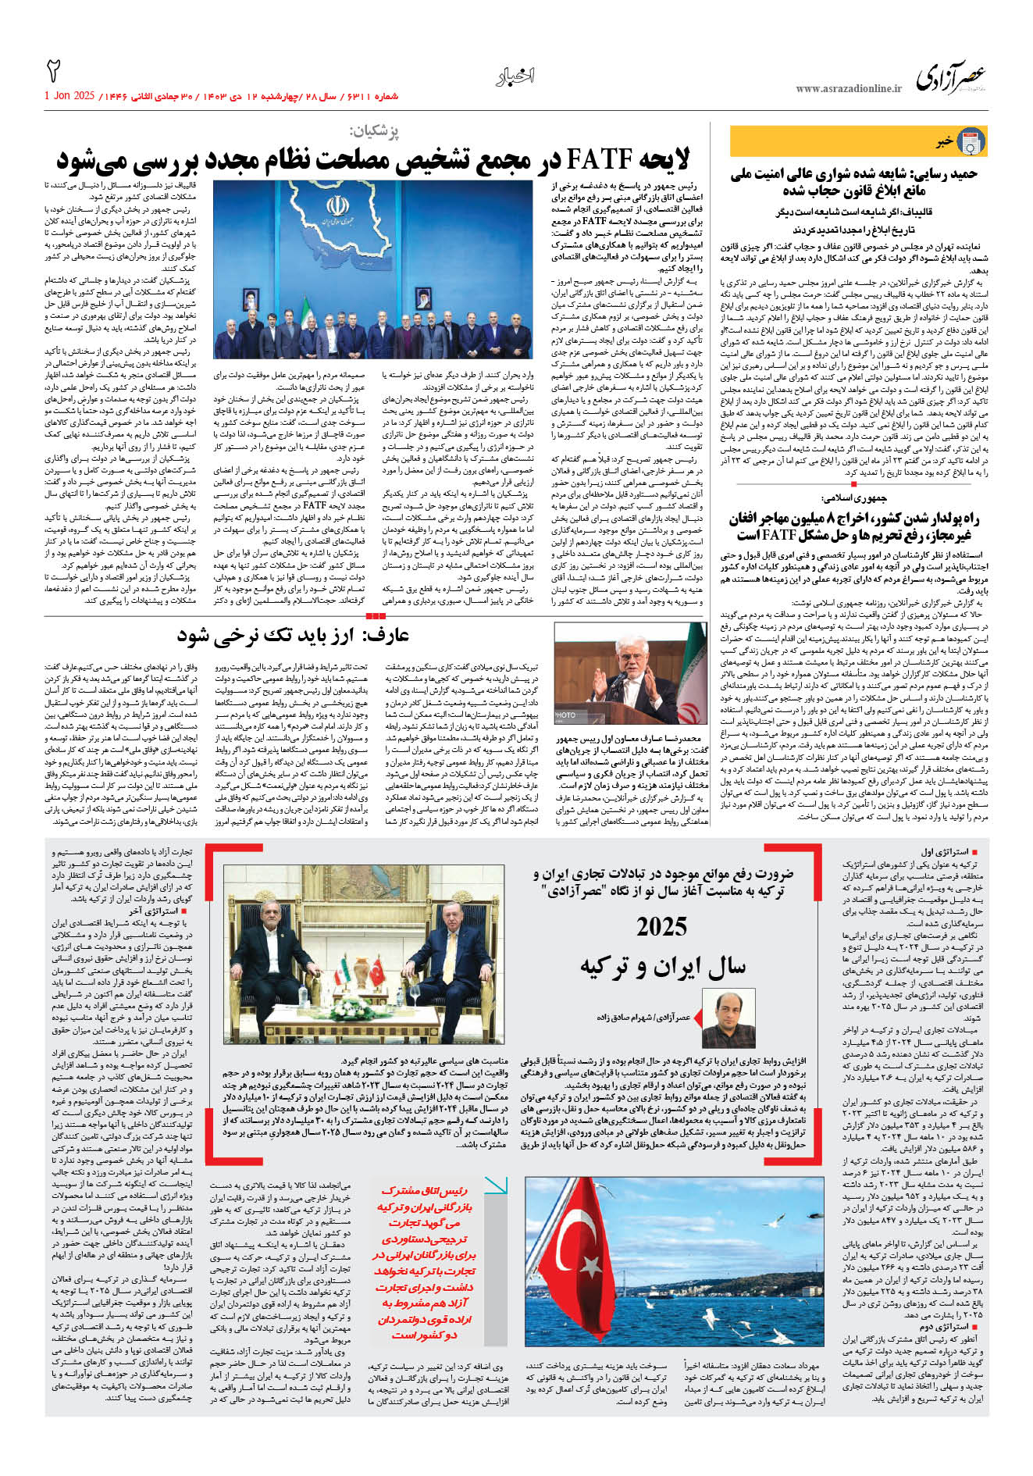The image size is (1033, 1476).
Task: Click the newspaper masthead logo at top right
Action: tap(950, 79)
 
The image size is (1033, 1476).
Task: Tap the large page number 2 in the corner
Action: tap(54, 71)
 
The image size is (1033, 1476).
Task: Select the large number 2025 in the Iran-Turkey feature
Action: tap(661, 927)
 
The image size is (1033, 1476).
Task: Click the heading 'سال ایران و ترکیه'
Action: tap(662, 967)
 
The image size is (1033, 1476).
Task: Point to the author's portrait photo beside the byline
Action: tap(728, 1018)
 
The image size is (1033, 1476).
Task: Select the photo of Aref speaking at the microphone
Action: tap(630, 673)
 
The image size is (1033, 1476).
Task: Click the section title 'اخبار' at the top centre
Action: tap(515, 77)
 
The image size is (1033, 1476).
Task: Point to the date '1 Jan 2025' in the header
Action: tap(69, 96)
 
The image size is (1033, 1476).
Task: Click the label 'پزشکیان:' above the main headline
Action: tap(373, 131)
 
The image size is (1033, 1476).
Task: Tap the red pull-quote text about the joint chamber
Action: tap(423, 1263)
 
